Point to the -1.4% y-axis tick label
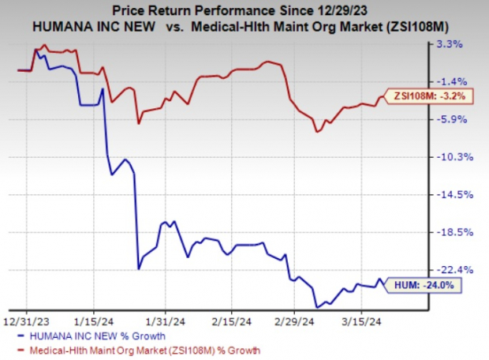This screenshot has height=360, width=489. point(459,81)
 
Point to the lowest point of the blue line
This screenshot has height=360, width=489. point(317,307)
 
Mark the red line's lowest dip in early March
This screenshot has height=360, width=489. point(317,131)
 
